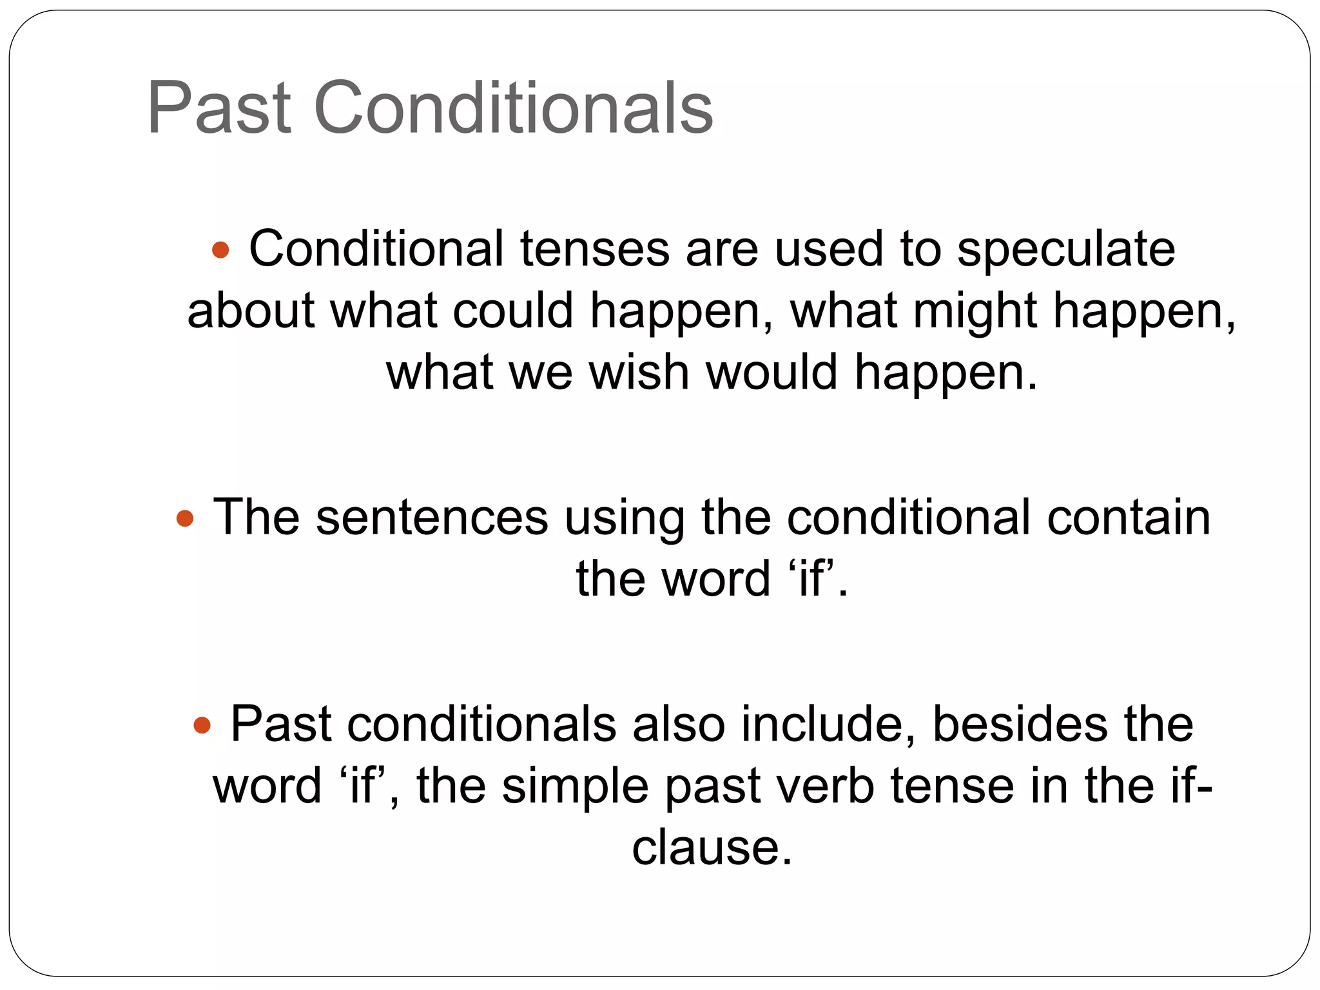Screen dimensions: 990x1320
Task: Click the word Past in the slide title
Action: click(219, 107)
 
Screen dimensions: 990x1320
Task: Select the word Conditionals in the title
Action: click(513, 107)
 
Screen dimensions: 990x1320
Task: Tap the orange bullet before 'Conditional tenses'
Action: click(220, 249)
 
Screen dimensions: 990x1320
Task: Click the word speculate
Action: click(1065, 249)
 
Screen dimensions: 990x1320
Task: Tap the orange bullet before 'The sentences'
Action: click(185, 518)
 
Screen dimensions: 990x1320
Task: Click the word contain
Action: click(1128, 518)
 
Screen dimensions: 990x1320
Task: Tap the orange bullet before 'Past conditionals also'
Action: click(202, 725)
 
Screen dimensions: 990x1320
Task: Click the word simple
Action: click(575, 787)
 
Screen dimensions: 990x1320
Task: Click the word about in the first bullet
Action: click(251, 311)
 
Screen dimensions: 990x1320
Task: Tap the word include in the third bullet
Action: click(828, 725)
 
